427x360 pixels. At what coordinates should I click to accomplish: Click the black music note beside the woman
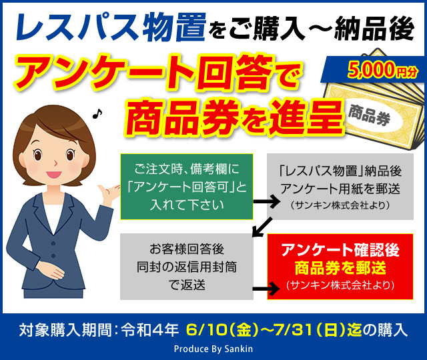pos(97,113)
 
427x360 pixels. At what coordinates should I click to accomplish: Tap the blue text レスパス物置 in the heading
pos(111,28)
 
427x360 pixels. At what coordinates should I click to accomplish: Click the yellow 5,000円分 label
pos(382,70)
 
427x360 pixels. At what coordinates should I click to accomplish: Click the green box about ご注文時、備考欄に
pos(187,187)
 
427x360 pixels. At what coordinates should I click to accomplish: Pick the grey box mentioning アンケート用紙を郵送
pos(340,187)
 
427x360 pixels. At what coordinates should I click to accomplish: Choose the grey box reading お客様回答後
pos(187,267)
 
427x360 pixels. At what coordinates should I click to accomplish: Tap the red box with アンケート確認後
pos(340,267)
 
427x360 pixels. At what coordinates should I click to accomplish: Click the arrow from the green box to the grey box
pos(267,201)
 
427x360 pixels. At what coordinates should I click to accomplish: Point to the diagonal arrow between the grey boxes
pos(262,227)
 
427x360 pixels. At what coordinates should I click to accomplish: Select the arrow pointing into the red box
pos(266,289)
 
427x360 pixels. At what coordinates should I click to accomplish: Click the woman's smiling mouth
pos(54,174)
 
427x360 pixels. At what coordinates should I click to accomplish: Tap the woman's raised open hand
pos(109,193)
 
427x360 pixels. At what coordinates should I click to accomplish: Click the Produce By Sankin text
pos(213,349)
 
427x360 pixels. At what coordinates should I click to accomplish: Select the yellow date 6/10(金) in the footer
pos(222,330)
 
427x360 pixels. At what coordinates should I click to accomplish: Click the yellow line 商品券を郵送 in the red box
pos(340,268)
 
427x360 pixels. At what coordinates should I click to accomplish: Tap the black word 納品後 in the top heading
pos(374,29)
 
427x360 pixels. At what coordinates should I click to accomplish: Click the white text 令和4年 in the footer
pos(150,330)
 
